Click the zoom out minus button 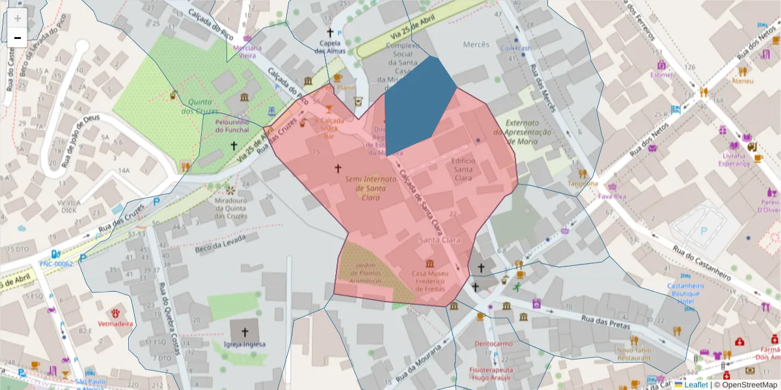click(x=18, y=37)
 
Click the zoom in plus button click(x=18, y=18)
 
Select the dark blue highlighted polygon click(x=417, y=104)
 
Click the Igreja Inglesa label click(x=245, y=344)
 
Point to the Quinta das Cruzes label click(x=204, y=106)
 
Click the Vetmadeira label click(x=115, y=323)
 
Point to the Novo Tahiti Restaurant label click(x=633, y=354)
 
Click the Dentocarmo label click(x=493, y=343)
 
